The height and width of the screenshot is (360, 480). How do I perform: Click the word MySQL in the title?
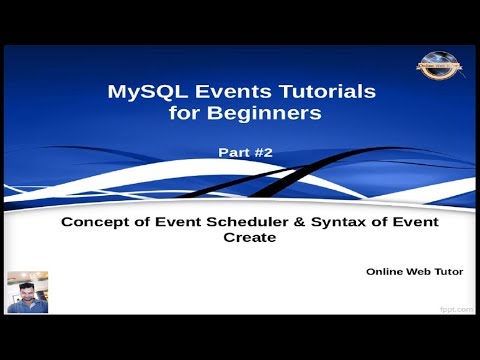141,92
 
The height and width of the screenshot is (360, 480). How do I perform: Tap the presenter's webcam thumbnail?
27,292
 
